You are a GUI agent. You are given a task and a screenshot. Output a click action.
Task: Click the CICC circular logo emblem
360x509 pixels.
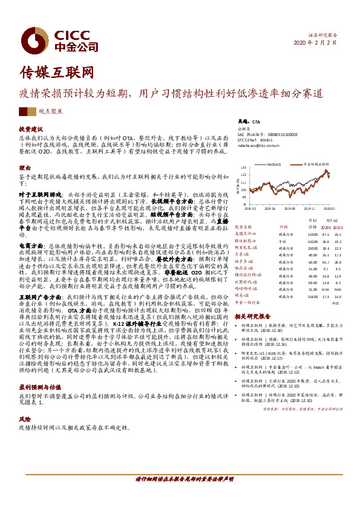point(33,41)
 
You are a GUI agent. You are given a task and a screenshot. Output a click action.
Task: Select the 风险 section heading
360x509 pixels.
point(24,418)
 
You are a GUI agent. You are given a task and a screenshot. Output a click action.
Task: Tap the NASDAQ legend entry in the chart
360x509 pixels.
point(273,163)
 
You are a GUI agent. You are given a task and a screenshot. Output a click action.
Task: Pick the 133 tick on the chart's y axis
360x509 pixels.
point(244,166)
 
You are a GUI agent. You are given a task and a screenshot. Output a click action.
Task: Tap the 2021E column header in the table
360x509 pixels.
point(337,227)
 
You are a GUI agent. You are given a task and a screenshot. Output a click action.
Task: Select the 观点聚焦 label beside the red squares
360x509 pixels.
point(50,112)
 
